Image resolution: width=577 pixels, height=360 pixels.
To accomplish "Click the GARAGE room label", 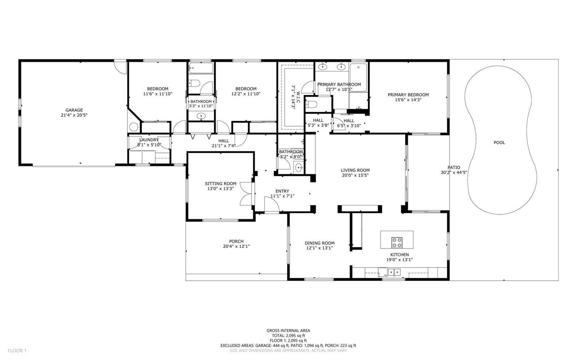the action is coord(74,110).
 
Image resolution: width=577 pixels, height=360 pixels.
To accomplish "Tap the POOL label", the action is coord(499,143).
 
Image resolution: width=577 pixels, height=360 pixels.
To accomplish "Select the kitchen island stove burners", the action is coord(397,243).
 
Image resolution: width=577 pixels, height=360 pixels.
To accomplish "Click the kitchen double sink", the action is coord(394,272).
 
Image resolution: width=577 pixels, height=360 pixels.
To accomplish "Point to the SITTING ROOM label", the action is coord(220,183).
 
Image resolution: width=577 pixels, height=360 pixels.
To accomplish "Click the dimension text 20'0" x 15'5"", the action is coord(355,175).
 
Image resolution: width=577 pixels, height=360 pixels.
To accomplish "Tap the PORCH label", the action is coord(236,241).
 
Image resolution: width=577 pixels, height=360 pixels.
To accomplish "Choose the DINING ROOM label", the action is coord(320,243).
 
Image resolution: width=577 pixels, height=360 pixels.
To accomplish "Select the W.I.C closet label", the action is coord(298,97).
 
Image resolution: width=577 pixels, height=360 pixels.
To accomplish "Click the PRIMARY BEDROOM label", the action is coord(408,95).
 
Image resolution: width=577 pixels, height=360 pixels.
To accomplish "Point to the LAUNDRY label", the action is coord(149,140).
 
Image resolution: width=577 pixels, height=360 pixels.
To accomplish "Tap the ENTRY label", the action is coord(282,191).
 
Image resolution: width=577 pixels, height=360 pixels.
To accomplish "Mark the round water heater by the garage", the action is coord(134,127).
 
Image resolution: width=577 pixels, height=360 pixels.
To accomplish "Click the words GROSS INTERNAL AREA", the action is coord(288,331).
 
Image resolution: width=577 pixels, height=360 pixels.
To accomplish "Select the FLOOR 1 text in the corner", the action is coord(17,351).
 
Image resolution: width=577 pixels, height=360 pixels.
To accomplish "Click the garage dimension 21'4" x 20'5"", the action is coord(74,115).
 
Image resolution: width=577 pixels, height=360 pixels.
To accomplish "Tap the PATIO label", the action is coord(454,168).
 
